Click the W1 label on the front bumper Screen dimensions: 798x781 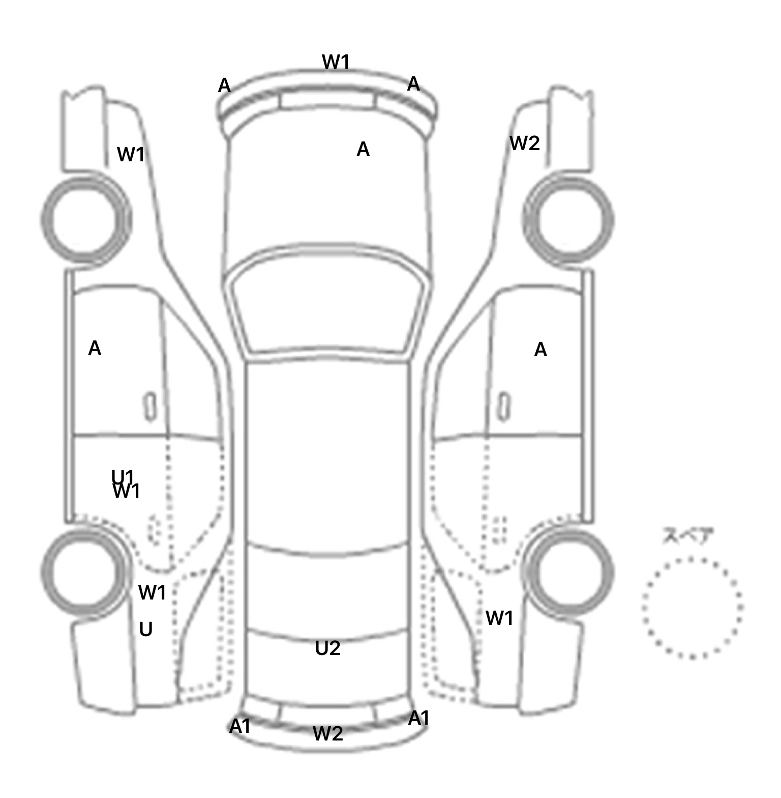coord(336,62)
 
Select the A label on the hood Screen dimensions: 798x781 coord(363,150)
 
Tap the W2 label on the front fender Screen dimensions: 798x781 coord(524,144)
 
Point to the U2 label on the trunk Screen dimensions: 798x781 coord(327,648)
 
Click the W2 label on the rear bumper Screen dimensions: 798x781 coord(327,734)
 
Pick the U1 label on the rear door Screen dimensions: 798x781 coord(122,476)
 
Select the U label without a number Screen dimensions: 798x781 coord(145,630)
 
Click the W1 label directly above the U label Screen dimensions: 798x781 coord(152,592)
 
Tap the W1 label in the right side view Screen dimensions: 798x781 coord(499,618)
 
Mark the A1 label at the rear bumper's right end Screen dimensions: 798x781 coord(419,719)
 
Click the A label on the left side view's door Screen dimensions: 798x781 coord(95,349)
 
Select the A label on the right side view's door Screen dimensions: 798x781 coord(540,350)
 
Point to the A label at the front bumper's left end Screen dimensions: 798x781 coord(224,86)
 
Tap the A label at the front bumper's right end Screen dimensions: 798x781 coord(413,84)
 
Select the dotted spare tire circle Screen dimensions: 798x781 coord(693,608)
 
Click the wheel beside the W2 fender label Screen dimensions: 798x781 coord(568,220)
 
